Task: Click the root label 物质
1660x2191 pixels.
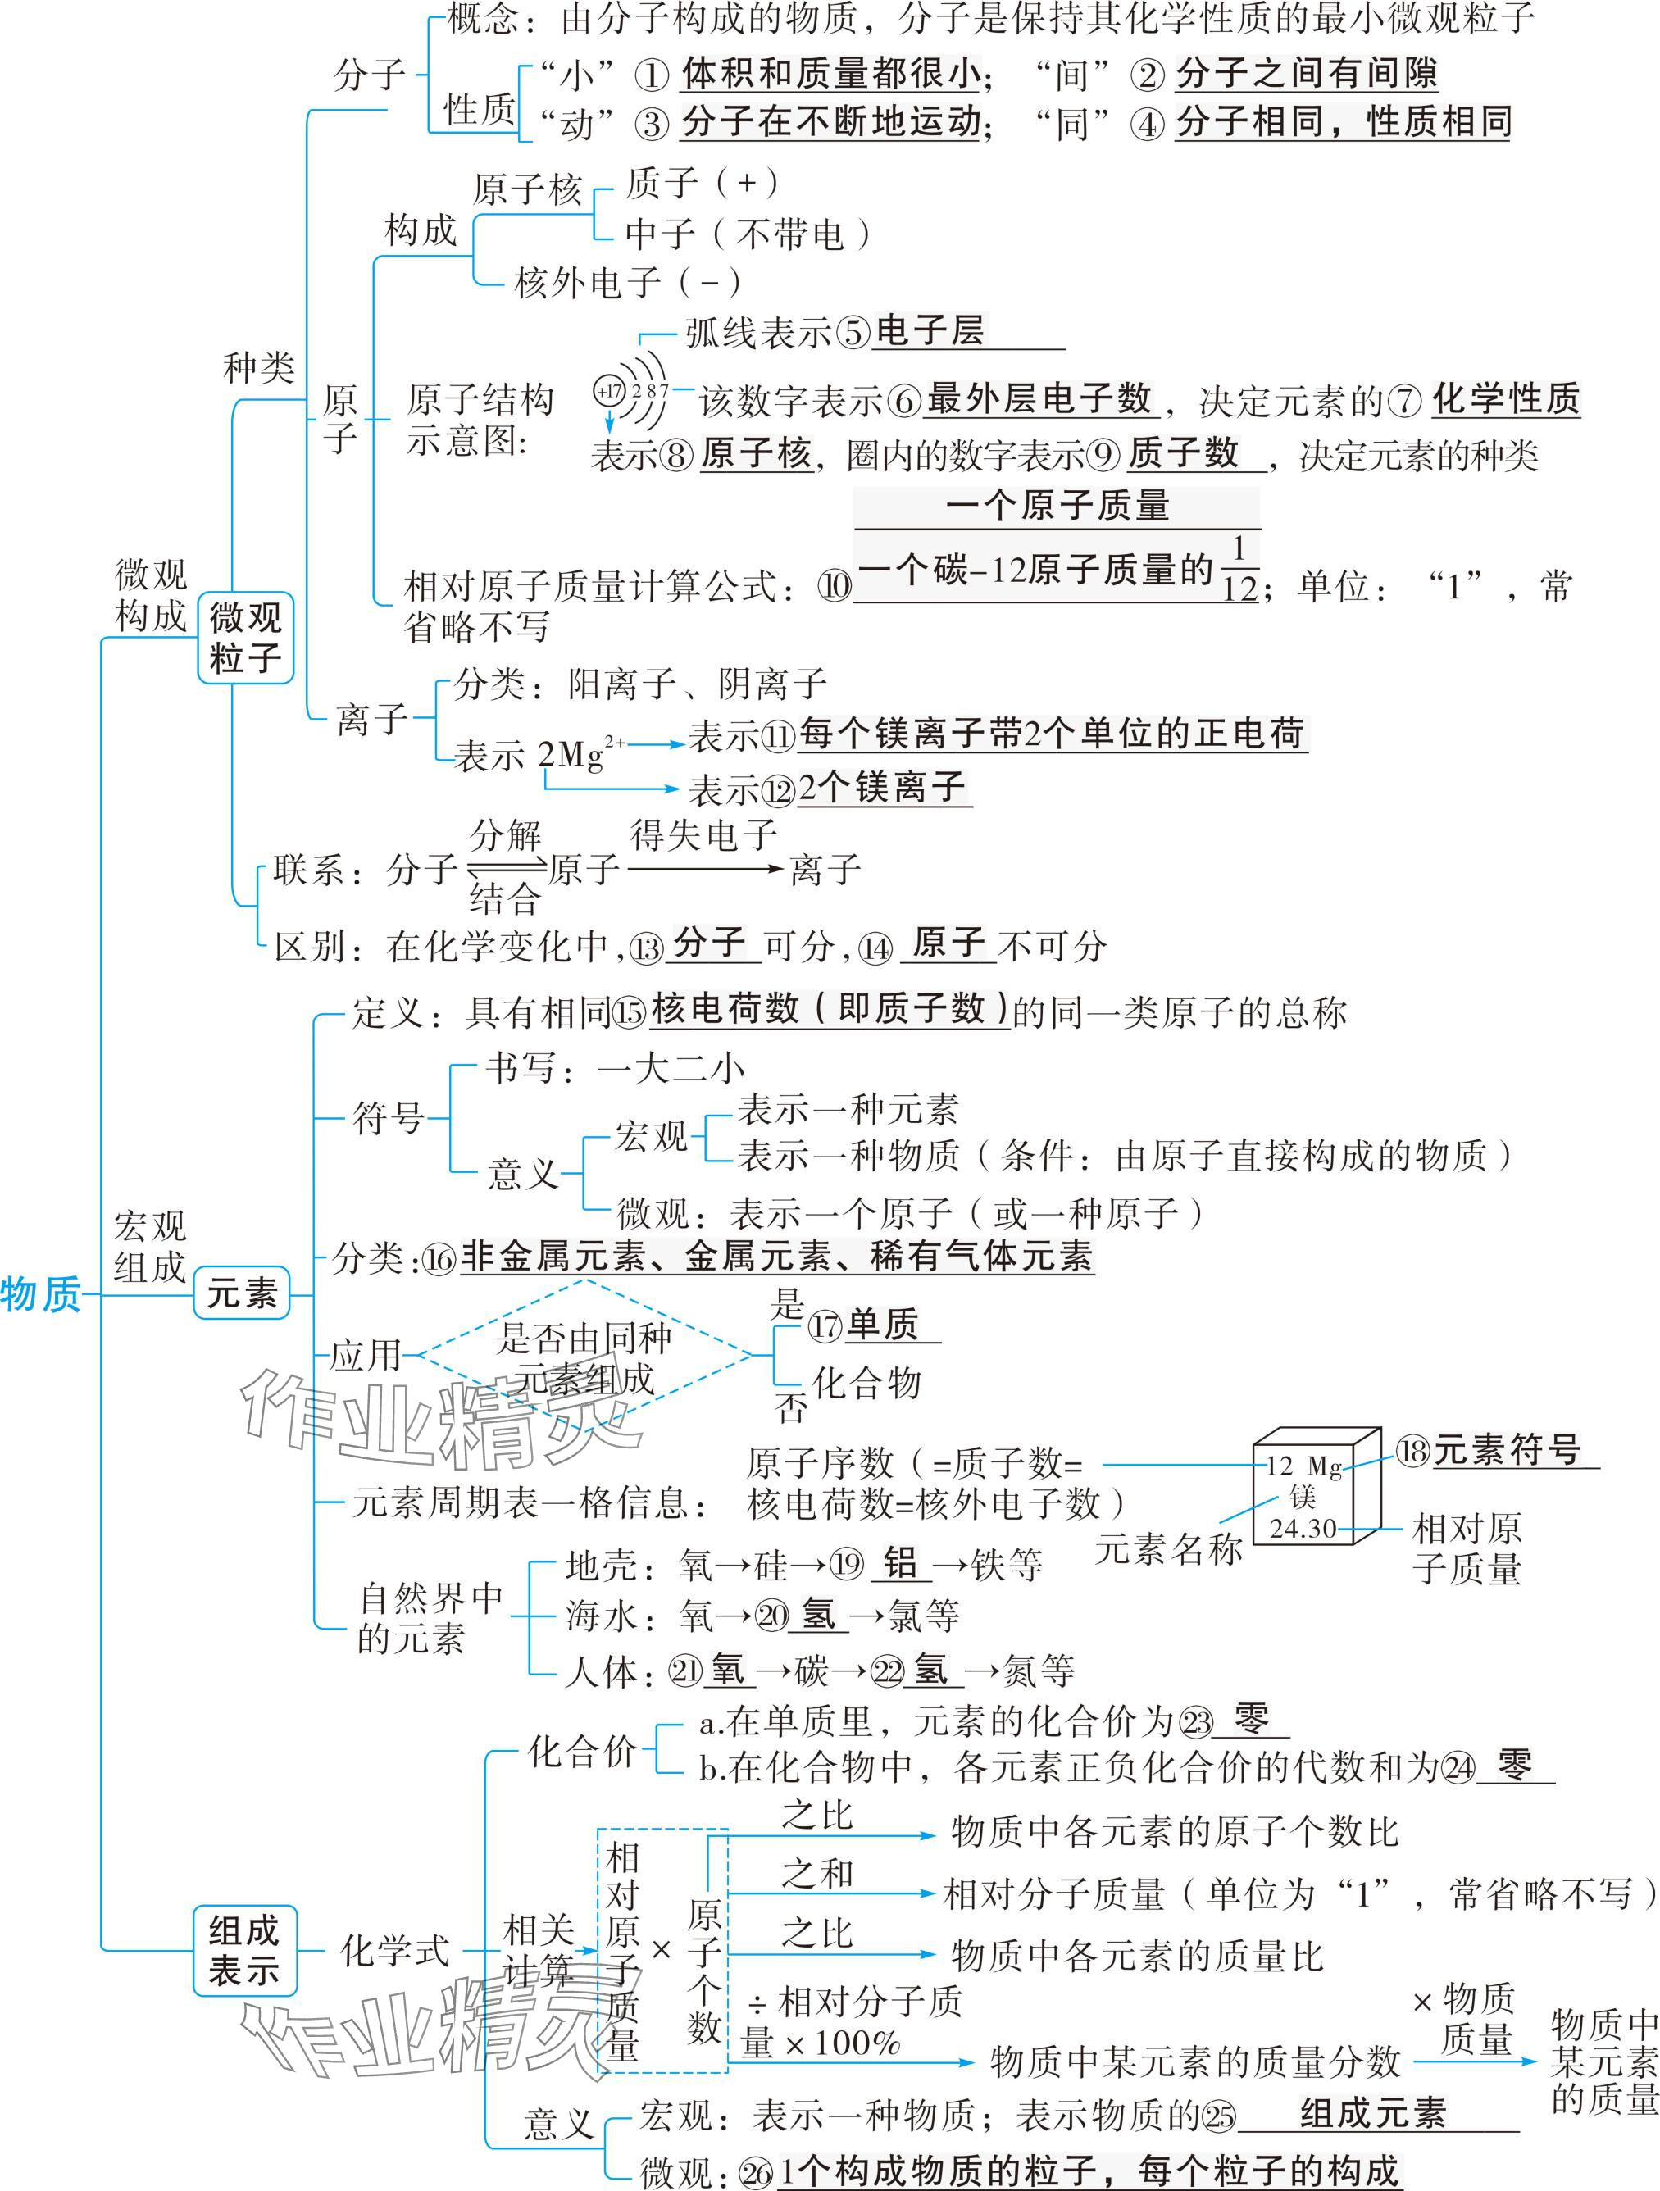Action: pos(42,1293)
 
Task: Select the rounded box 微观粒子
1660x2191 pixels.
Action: pos(246,638)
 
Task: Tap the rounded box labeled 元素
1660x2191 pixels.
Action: pos(242,1293)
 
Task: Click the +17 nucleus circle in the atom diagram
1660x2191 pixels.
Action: pos(608,390)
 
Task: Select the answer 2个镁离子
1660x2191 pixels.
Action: pos(881,788)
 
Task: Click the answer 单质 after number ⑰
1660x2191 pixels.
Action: pos(881,1325)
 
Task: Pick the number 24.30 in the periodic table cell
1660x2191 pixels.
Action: pos(1303,1529)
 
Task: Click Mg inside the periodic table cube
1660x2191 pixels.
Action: pos(1324,1467)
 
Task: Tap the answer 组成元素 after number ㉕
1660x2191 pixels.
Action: pos(1373,2114)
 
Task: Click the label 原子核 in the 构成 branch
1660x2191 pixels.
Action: pos(526,189)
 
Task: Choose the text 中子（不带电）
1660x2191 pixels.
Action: pos(748,234)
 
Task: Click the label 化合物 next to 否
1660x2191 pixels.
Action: pos(867,1383)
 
